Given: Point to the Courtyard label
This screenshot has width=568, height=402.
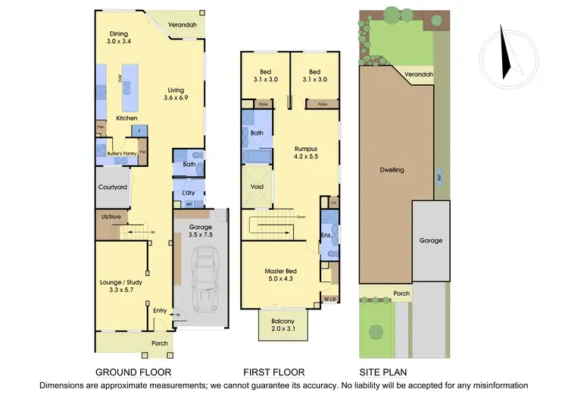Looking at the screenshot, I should [112, 187].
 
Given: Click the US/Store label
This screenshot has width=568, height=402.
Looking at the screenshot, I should [111, 218].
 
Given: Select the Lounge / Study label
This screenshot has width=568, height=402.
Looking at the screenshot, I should [121, 286].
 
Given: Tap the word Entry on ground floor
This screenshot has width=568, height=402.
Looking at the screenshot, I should [160, 310].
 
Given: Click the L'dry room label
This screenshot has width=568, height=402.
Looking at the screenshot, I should [188, 193].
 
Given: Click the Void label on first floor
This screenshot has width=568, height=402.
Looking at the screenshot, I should [256, 186].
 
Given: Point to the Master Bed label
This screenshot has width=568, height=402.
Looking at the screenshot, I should [279, 275].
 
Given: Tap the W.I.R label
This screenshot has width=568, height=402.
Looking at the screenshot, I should [329, 299].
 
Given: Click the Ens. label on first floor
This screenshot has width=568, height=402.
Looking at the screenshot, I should [326, 237].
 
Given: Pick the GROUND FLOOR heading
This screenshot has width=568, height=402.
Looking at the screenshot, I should [133, 372].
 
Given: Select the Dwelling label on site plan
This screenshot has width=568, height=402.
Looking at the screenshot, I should [392, 170].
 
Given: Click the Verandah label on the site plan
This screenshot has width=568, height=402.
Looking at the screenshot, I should [418, 74].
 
